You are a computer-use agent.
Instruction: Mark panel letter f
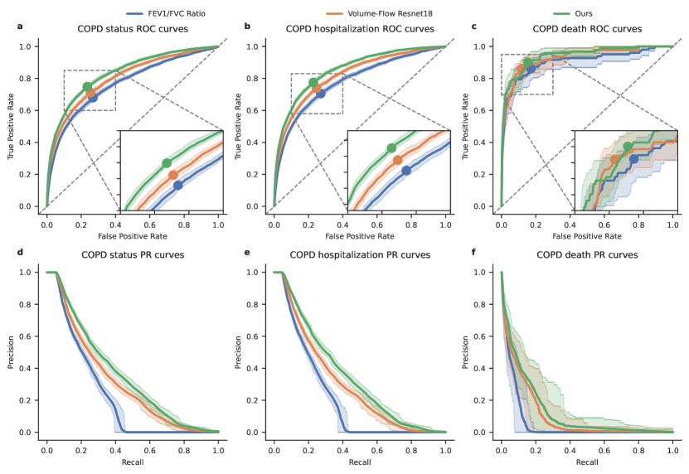(x=473, y=253)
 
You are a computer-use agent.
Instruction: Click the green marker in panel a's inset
(x=167, y=162)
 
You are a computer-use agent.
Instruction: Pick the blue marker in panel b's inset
(x=406, y=171)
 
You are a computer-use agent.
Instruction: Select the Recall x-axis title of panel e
(x=359, y=461)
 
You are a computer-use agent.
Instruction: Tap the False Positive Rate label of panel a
(x=133, y=235)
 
